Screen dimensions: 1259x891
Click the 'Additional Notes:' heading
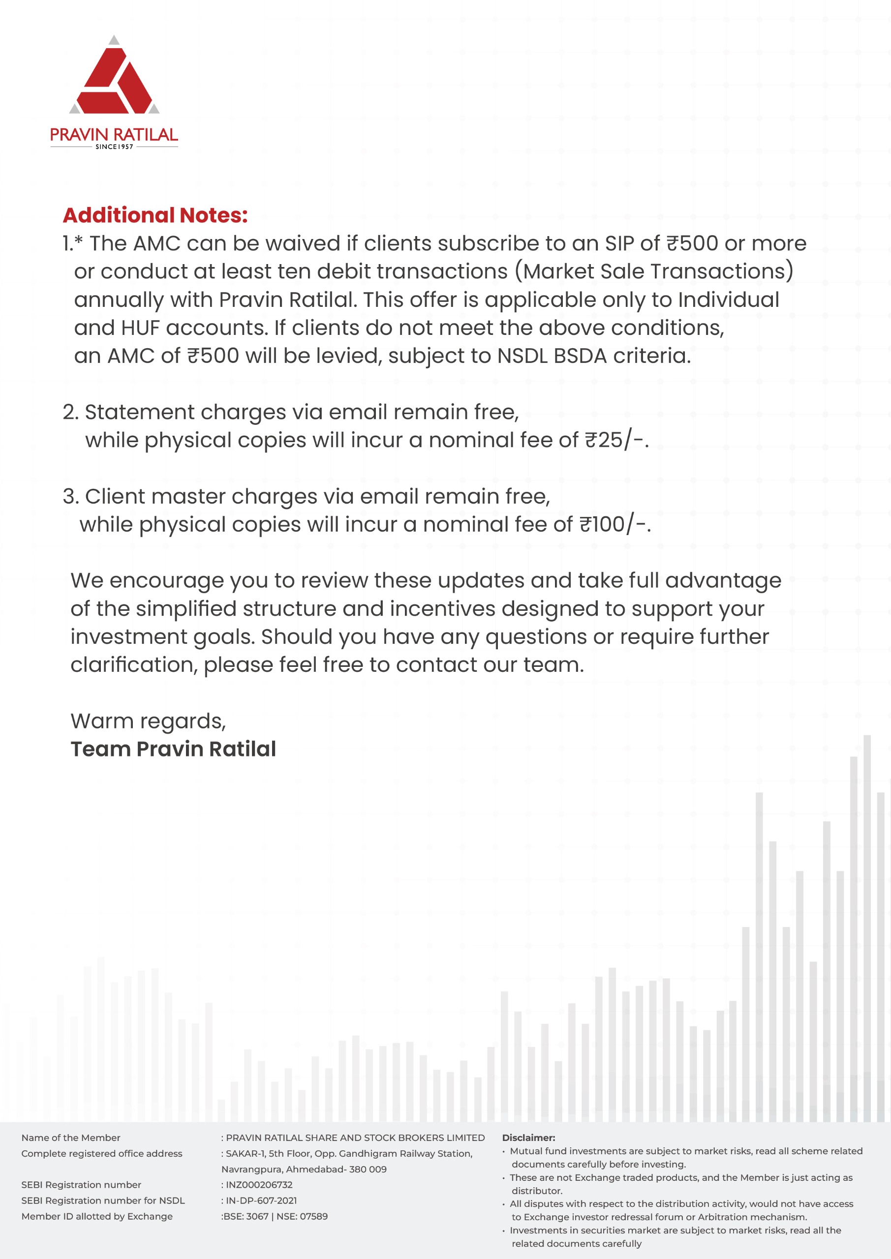point(155,215)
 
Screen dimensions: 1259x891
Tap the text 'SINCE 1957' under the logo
point(114,147)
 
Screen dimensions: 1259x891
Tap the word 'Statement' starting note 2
point(139,412)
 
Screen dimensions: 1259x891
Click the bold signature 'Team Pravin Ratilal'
point(173,749)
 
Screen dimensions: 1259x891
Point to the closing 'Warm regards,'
point(148,721)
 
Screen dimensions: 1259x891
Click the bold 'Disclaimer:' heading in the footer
point(528,1138)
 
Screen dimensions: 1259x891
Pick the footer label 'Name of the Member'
point(71,1138)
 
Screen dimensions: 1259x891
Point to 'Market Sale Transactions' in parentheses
point(654,271)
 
